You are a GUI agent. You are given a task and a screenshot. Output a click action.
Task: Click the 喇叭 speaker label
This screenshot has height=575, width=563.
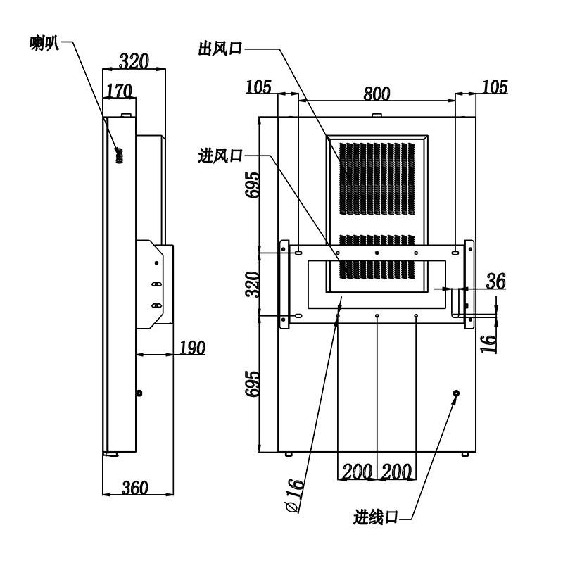[44, 43]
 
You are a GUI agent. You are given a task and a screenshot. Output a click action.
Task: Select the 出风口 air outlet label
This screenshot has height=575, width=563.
[220, 48]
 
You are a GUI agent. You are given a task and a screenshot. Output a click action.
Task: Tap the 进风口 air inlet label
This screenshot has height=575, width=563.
[220, 156]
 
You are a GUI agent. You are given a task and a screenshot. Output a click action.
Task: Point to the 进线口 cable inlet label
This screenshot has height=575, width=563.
[376, 517]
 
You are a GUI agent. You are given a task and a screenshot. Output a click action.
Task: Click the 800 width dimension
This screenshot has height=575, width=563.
[377, 94]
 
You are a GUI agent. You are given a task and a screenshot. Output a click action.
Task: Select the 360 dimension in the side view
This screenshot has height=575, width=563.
[135, 487]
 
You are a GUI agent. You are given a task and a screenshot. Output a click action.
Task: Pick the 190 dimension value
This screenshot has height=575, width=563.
[192, 347]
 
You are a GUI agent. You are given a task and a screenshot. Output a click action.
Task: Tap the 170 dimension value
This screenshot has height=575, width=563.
[119, 91]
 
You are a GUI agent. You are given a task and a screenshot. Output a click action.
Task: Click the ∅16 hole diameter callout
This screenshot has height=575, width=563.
[296, 495]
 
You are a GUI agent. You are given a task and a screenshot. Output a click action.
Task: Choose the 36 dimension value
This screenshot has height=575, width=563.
[496, 281]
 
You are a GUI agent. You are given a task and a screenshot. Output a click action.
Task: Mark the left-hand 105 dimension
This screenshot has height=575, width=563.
[258, 87]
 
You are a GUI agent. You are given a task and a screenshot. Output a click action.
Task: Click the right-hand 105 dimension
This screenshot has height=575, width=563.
[495, 87]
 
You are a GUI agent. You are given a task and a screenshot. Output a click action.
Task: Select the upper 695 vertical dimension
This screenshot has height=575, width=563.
[253, 185]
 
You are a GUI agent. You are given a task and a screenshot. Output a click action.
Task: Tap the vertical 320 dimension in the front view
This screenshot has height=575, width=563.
[253, 284]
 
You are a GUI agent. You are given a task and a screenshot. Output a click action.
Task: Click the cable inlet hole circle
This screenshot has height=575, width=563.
[456, 393]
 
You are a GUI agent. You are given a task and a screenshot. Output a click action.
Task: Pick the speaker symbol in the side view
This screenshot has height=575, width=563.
[119, 155]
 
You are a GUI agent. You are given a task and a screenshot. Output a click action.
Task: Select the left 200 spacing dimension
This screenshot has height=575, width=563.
[357, 472]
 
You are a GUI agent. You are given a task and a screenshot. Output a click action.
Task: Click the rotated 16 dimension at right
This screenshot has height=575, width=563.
[489, 343]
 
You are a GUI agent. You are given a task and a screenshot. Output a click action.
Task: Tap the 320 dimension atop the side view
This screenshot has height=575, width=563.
[134, 61]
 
